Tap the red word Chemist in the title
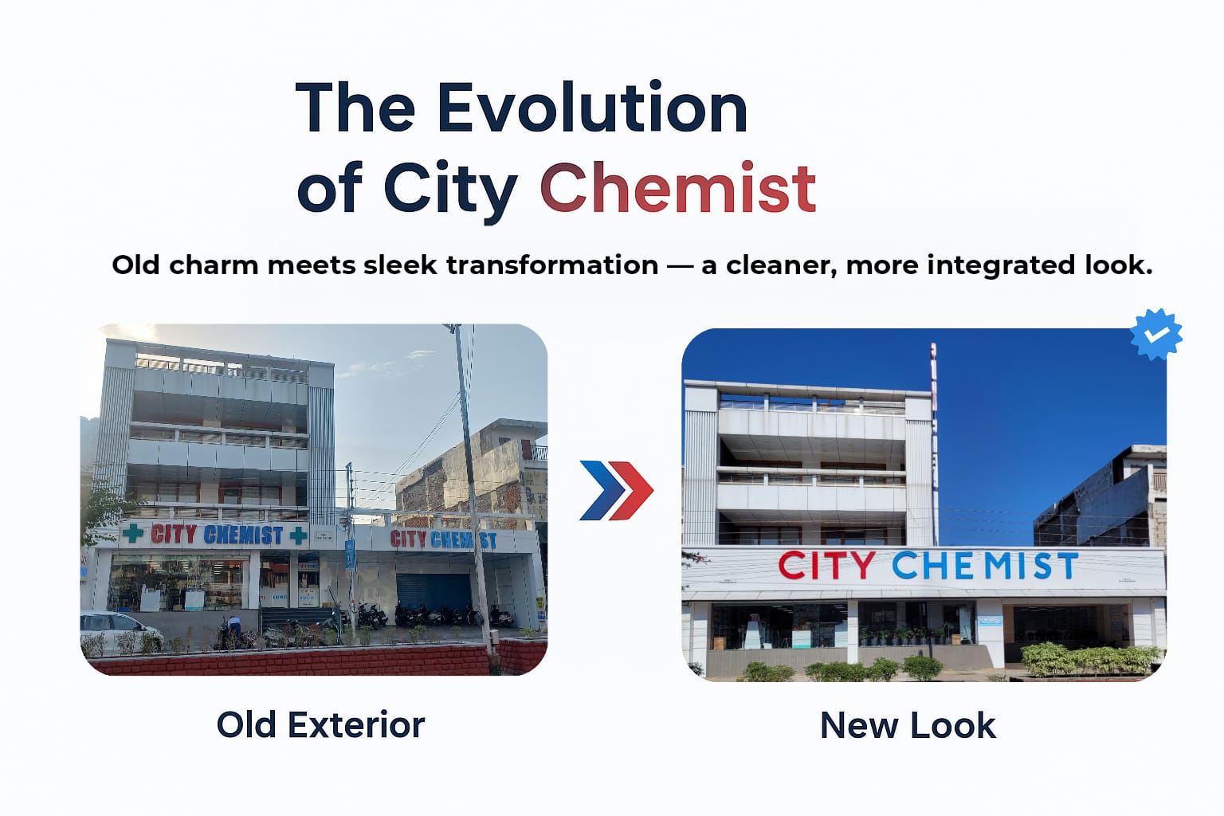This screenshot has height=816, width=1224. tap(677, 189)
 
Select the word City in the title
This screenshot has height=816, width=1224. tap(450, 190)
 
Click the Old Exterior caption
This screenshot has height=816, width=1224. tap(320, 725)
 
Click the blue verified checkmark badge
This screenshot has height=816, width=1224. tap(1156, 334)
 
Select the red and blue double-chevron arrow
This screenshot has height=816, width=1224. tap(616, 490)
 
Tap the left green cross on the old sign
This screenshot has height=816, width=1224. tap(133, 533)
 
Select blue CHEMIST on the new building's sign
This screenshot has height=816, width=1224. tap(985, 566)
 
